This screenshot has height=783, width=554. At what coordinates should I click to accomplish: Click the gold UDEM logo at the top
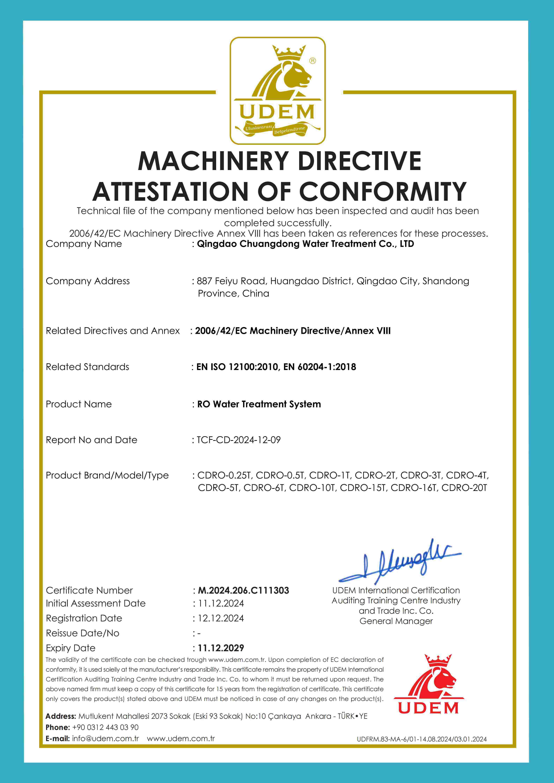pyautogui.click(x=277, y=90)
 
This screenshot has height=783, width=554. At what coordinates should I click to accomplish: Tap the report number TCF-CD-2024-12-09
pyautogui.click(x=239, y=440)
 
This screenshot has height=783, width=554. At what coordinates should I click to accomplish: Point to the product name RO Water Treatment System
pyautogui.click(x=259, y=404)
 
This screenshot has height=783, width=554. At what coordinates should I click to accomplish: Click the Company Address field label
pyautogui.click(x=88, y=281)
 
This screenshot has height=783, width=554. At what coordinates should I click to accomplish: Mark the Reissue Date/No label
pyautogui.click(x=83, y=633)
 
